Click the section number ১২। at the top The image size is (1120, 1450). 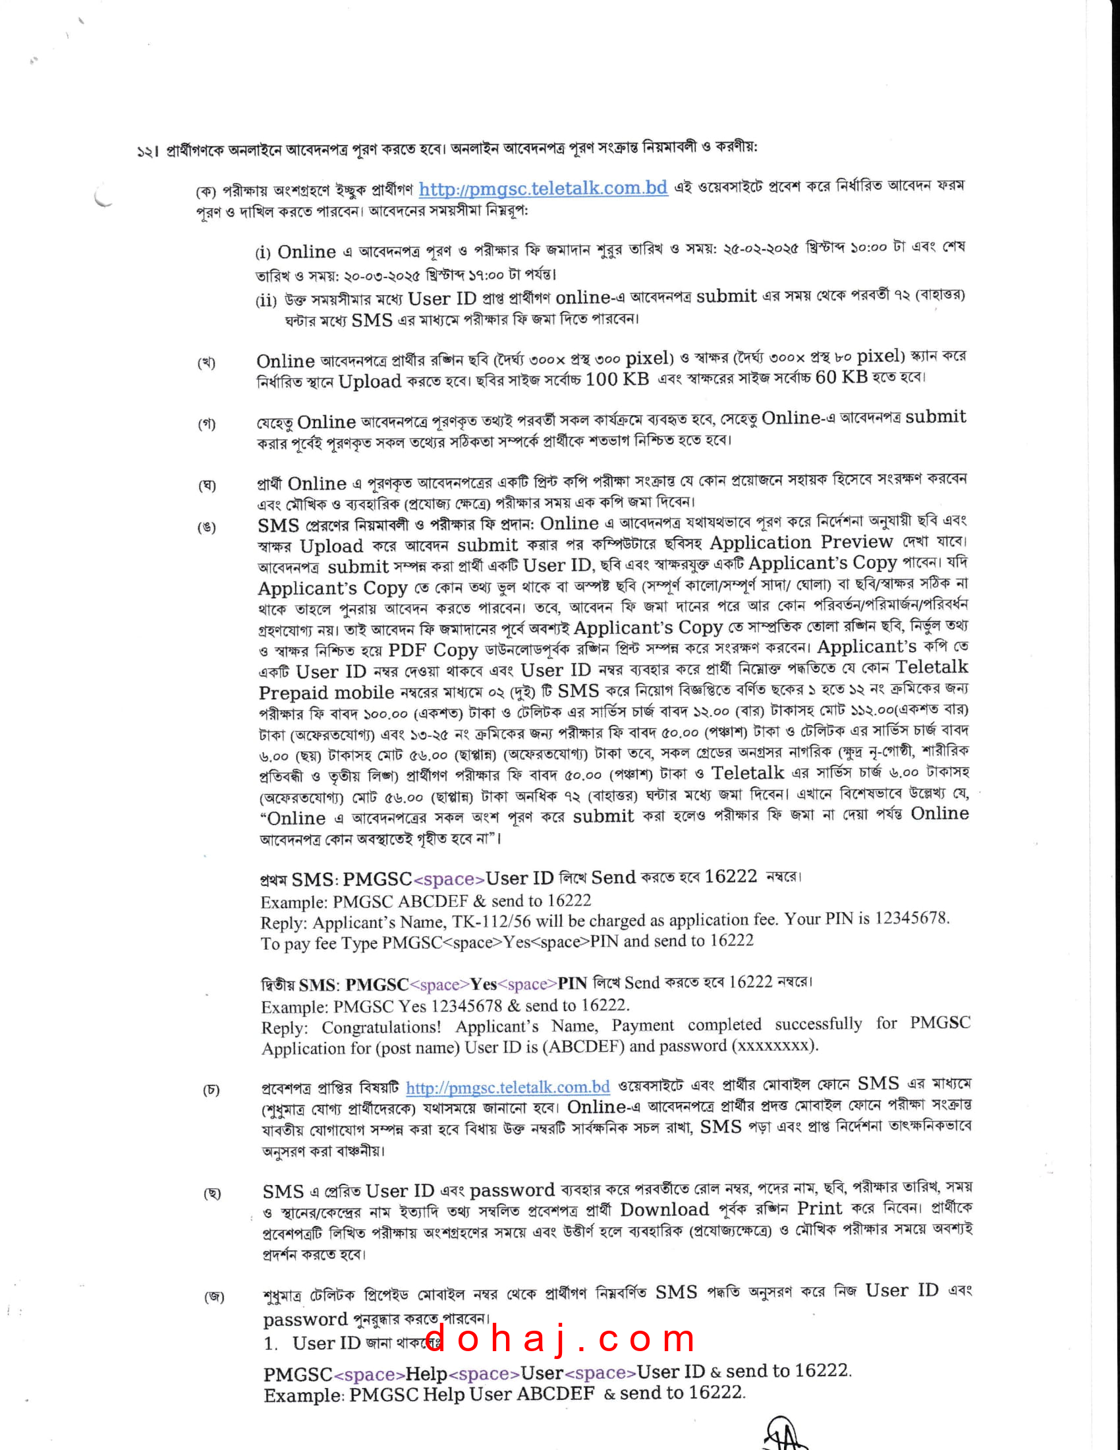[x=148, y=152]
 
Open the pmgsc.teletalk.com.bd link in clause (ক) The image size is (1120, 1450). [x=543, y=188]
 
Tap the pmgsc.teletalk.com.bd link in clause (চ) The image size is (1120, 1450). [x=507, y=1087]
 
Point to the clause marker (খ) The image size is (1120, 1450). [x=206, y=362]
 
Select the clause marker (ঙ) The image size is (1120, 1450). [x=206, y=528]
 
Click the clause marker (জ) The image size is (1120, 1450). [x=213, y=1296]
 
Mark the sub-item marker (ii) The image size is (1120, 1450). [x=266, y=300]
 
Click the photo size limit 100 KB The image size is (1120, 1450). [x=617, y=379]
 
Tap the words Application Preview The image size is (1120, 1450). [x=801, y=542]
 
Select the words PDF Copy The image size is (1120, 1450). [x=433, y=650]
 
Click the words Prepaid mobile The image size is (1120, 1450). [x=325, y=693]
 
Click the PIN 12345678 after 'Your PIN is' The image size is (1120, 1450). [x=911, y=918]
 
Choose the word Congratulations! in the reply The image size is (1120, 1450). [x=381, y=1027]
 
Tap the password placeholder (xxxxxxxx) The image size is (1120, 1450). [x=774, y=1046]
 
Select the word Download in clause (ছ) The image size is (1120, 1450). [x=664, y=1209]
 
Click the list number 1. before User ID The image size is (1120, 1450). [x=271, y=1344]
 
